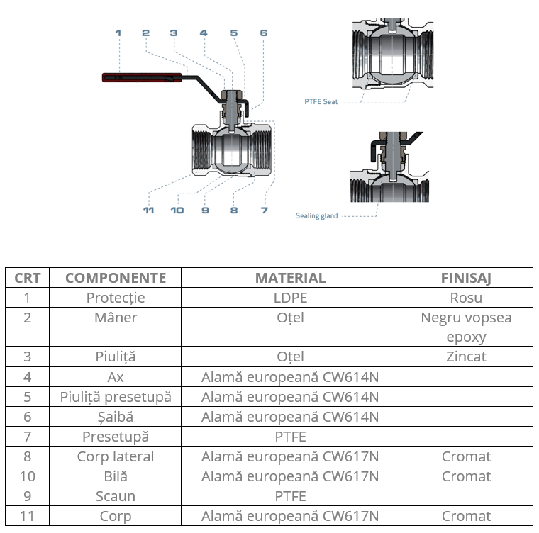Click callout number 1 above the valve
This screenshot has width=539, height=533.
pyautogui.click(x=118, y=33)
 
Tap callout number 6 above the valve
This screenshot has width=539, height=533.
pyautogui.click(x=264, y=33)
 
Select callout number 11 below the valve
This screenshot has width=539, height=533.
pyautogui.click(x=148, y=211)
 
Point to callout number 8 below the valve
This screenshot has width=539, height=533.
pyautogui.click(x=234, y=211)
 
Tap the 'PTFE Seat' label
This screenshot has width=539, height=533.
pyautogui.click(x=321, y=102)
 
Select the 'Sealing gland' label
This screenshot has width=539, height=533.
pyautogui.click(x=317, y=215)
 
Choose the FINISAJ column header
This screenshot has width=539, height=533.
pyautogui.click(x=465, y=278)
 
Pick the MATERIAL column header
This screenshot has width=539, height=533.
pyautogui.click(x=290, y=278)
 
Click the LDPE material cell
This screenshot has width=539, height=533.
pyautogui.click(x=290, y=298)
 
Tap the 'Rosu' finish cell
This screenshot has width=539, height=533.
pyautogui.click(x=465, y=298)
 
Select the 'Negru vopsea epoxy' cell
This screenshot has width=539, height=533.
pyautogui.click(x=465, y=327)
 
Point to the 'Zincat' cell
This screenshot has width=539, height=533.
pyautogui.click(x=465, y=357)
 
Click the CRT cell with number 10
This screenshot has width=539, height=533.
pyautogui.click(x=28, y=476)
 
